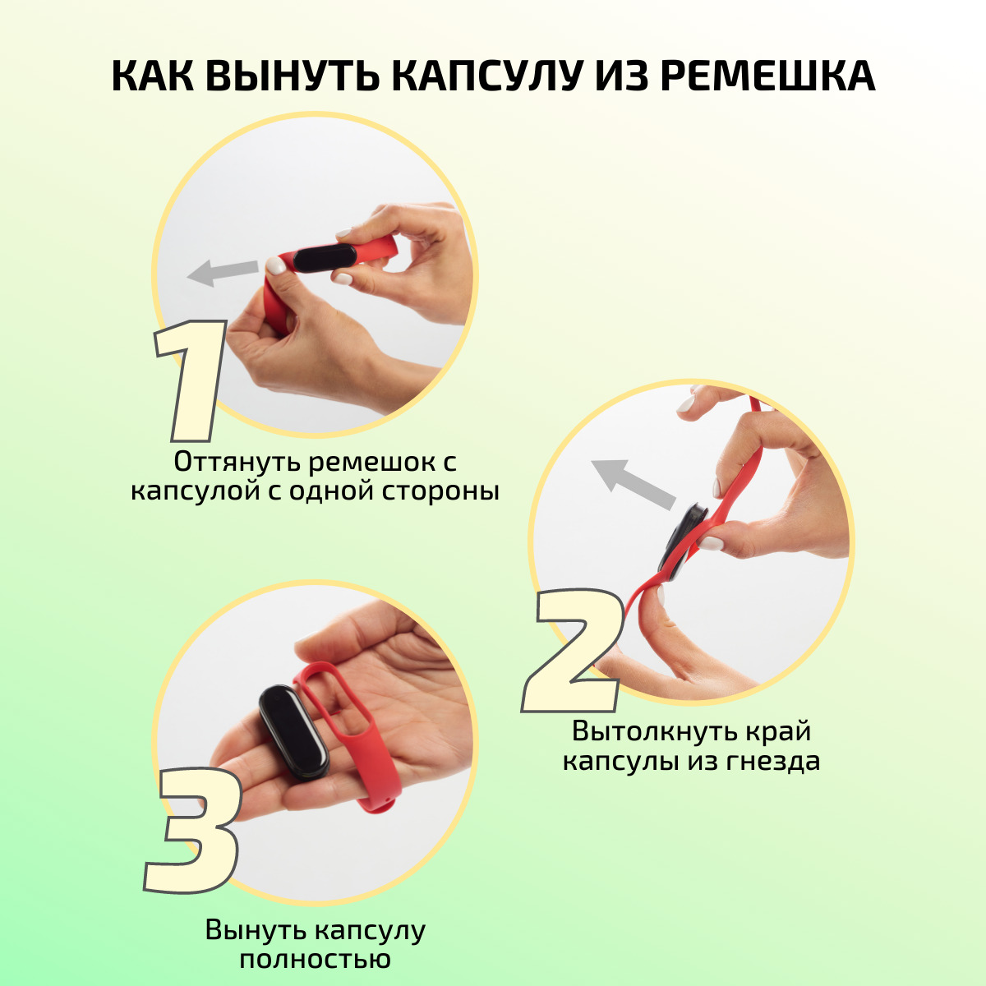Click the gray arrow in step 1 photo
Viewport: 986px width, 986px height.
click(223, 272)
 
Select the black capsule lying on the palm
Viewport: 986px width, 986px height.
click(293, 733)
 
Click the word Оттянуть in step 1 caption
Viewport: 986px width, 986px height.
click(237, 462)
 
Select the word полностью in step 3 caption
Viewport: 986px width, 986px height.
click(316, 960)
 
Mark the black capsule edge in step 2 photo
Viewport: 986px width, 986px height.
click(683, 543)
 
